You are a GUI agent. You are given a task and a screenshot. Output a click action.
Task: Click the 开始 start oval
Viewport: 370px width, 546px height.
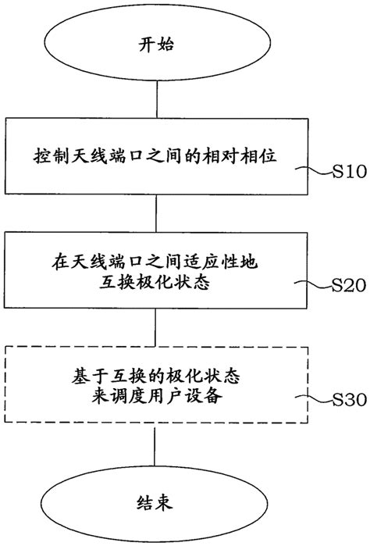point(157,45)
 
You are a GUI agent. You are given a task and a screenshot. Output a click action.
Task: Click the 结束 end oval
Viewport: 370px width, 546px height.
point(157,496)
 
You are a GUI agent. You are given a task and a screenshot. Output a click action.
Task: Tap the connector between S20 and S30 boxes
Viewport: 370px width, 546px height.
point(157,326)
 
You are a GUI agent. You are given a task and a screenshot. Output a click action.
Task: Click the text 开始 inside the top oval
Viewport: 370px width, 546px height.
point(157,45)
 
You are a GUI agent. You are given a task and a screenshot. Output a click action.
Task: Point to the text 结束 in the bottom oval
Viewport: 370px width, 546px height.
point(157,497)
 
